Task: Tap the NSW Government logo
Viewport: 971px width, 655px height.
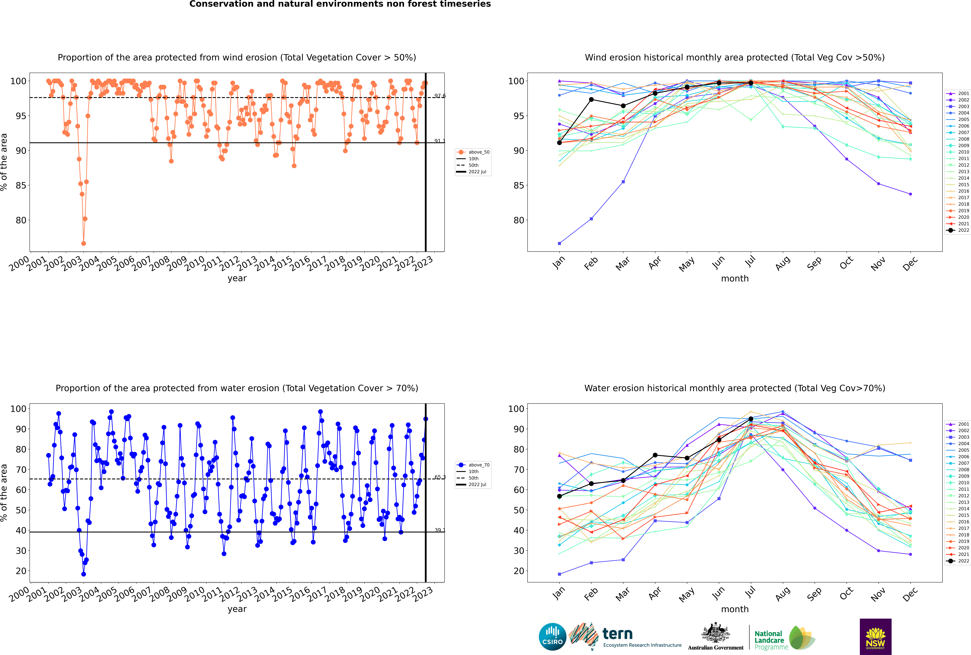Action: coord(875,637)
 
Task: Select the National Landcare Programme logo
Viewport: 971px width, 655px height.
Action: coord(785,637)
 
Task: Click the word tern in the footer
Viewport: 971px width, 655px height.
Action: coord(617,634)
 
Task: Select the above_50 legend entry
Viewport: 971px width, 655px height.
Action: coord(473,152)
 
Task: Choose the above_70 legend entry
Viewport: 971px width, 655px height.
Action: coord(473,465)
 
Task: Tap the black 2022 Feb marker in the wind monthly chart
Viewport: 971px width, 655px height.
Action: coord(591,99)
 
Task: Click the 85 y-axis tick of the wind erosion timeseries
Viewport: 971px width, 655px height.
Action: coord(21,185)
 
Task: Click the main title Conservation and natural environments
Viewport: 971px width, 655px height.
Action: coord(340,4)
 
